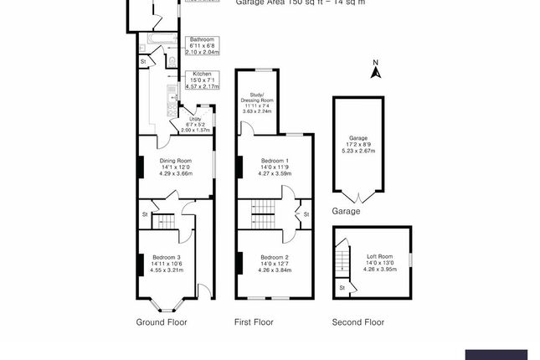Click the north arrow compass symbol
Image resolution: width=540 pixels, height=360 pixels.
(x=377, y=70)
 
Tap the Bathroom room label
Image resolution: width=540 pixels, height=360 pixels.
(x=202, y=39)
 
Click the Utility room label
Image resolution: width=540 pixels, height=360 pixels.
(x=194, y=120)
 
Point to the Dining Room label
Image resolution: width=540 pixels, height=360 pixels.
(x=176, y=161)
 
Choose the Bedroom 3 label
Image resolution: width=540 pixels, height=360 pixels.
(x=165, y=257)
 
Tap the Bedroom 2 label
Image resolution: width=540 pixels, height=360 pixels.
(x=275, y=257)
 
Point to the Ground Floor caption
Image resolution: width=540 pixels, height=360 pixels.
(x=162, y=322)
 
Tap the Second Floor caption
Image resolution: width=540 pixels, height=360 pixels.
(x=357, y=322)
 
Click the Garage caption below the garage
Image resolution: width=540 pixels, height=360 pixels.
(x=346, y=212)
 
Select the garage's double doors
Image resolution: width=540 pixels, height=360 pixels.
(x=358, y=197)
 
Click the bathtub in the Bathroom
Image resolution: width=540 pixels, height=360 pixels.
(x=158, y=39)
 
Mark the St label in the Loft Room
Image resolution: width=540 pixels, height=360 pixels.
(x=342, y=288)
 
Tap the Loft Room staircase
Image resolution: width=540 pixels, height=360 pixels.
(x=342, y=255)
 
